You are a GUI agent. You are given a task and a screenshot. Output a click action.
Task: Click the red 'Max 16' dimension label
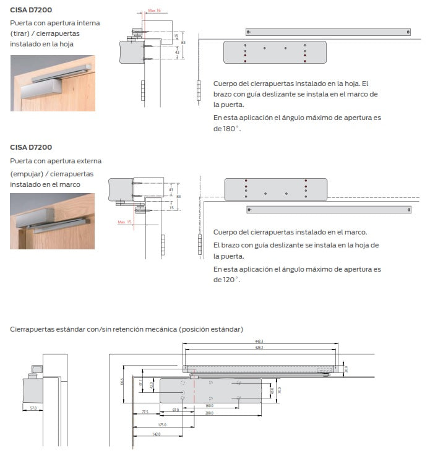click(154, 11)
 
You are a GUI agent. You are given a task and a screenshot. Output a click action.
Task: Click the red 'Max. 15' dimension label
click(125, 222)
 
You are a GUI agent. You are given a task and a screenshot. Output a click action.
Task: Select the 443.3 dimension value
click(259, 342)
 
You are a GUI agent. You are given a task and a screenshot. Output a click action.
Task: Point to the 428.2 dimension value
click(259, 348)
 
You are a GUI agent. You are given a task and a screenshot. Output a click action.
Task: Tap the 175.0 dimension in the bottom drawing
click(162, 424)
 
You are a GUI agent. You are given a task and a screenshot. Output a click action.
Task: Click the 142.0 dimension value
click(156, 434)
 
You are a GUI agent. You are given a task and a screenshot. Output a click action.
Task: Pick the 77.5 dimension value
click(145, 411)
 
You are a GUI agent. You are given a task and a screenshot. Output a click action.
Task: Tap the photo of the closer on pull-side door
click(53, 84)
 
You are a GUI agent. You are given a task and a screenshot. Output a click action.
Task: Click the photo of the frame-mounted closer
click(53, 221)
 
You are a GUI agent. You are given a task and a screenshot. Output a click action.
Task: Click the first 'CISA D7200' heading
click(31, 9)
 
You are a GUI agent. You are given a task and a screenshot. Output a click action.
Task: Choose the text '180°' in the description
click(227, 129)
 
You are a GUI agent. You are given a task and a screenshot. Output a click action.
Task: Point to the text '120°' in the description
click(227, 280)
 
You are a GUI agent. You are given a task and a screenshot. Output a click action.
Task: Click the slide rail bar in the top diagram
click(328, 32)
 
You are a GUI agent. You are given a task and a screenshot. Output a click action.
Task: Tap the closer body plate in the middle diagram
click(275, 189)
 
